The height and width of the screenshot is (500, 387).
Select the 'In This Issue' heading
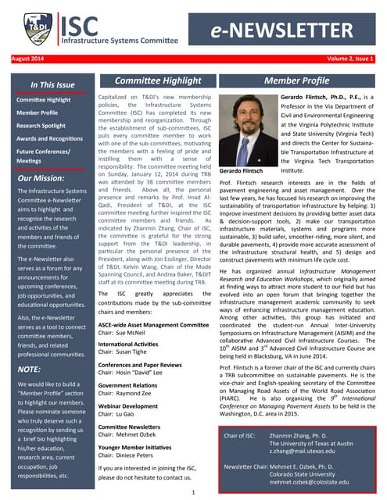(x=52, y=84)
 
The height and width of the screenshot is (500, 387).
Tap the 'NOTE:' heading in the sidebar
(x=29, y=368)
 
